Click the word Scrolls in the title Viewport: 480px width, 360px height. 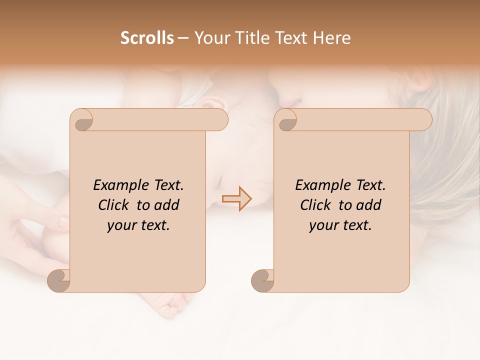147,37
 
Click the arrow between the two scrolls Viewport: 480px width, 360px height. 236,198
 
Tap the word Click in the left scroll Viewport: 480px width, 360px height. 115,205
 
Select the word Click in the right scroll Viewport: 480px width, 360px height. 317,205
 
